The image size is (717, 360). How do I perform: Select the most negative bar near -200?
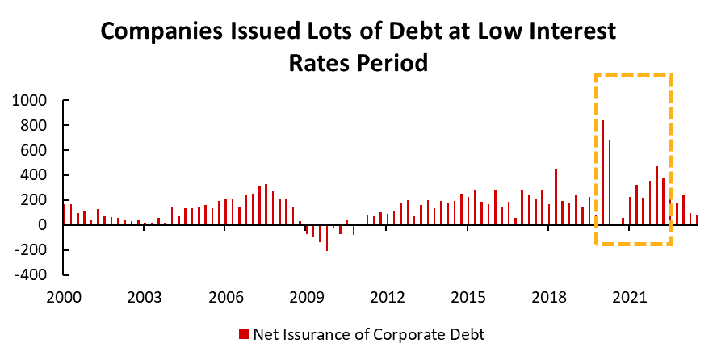327,238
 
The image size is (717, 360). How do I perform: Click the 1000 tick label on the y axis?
30,101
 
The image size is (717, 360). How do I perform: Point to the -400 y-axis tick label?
31,274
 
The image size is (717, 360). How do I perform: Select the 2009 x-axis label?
305,296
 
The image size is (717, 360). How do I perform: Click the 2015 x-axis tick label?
468,296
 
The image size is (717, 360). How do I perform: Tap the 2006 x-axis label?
224,296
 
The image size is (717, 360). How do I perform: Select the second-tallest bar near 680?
610,182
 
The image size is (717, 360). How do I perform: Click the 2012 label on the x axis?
387,296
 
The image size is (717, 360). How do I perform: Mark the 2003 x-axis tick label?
144,296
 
